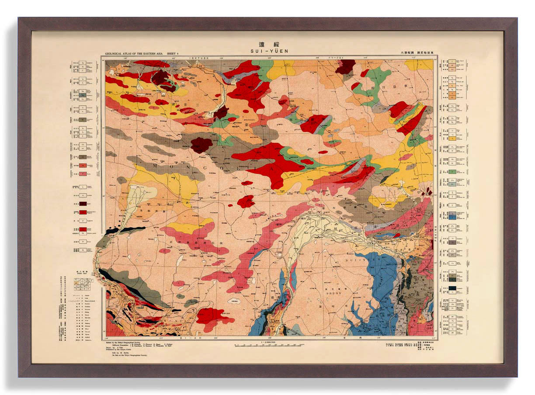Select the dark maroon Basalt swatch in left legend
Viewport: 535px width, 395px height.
tap(82, 204)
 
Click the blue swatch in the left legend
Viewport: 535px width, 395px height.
tap(82, 93)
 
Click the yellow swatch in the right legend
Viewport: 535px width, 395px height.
tap(452, 138)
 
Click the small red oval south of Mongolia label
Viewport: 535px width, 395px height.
tap(247, 183)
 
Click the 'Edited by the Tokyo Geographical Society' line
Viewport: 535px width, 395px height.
tap(131, 343)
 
